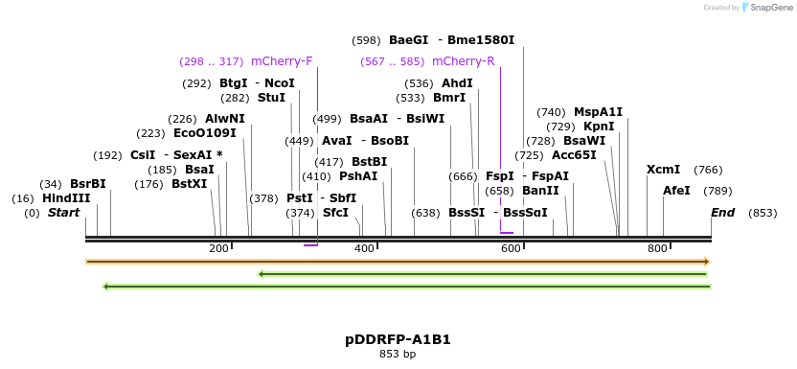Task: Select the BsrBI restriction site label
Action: click(88, 184)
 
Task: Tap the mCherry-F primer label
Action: click(282, 61)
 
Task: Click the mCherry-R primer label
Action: click(464, 61)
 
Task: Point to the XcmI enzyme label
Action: click(663, 170)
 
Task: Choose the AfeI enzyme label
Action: click(676, 191)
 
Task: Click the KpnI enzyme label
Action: click(599, 127)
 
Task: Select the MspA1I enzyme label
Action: click(598, 112)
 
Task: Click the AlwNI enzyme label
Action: click(225, 119)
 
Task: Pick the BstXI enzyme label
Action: click(189, 184)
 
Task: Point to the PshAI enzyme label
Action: click(358, 176)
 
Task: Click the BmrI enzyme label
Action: click(449, 98)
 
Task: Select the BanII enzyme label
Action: click(540, 191)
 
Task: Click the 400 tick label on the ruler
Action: click(364, 249)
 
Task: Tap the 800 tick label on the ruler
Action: click(657, 249)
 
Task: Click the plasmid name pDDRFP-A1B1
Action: click(398, 339)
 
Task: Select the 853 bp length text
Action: click(398, 355)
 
